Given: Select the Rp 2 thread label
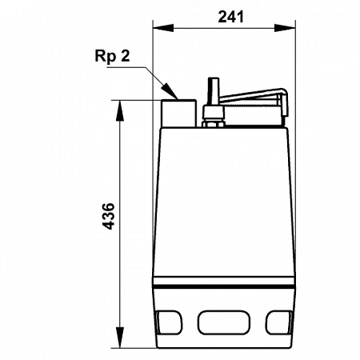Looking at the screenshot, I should (113, 58).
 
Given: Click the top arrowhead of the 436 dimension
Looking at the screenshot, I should (122, 105).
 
